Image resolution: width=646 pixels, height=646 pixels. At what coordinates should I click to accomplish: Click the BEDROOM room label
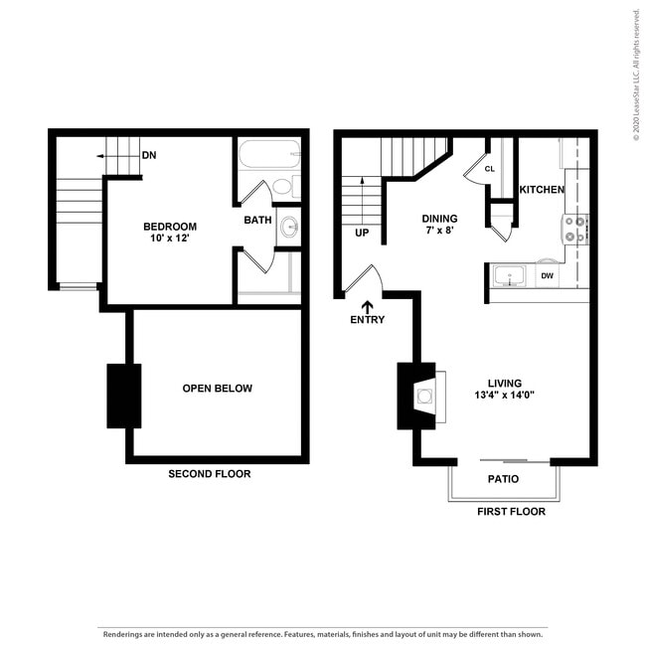pos(169,227)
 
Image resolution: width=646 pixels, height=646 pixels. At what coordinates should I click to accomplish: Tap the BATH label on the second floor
pos(257,220)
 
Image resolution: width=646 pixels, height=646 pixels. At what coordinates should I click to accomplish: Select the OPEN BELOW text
pos(217,389)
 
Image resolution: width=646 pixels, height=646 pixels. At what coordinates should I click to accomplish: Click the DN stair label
pos(149,155)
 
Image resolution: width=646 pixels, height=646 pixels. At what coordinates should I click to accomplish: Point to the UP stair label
pos(362,234)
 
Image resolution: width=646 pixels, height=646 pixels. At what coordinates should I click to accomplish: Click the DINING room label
pos(439,219)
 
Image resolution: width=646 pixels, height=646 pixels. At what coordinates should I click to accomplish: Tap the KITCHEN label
pos(542,190)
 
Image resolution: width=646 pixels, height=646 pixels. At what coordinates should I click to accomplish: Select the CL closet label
pos(489,169)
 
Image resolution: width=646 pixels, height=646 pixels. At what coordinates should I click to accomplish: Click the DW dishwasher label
pos(547,276)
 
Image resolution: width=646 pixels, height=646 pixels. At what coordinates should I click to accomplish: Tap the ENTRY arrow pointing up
pos(367,307)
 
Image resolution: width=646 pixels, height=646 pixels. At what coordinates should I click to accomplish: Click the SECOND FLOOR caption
pos(209,474)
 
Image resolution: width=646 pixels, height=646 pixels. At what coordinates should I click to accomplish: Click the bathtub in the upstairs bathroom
pos(265,155)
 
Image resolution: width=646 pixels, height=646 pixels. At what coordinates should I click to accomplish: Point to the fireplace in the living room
pos(422,397)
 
